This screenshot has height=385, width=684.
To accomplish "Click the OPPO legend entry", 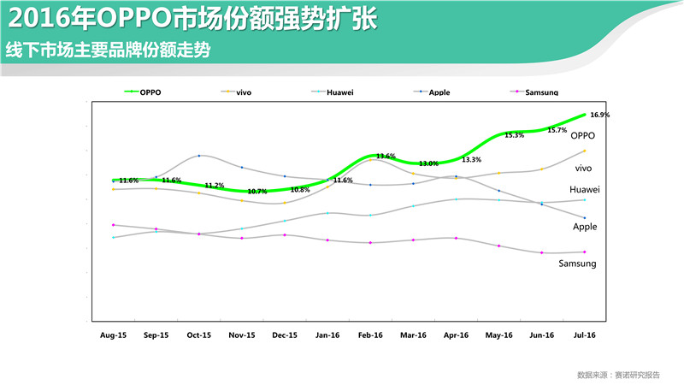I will pos(150,92).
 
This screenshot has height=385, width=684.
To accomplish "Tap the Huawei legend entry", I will pos(341,92).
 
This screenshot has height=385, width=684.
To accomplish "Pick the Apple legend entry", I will pos(439,92).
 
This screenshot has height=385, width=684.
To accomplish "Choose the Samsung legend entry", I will pos(542,92).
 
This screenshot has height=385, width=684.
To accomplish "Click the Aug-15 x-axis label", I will pos(113,335).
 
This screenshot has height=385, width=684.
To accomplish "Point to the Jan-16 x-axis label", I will pos(328,335).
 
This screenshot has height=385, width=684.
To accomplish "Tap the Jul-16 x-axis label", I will pos(585,335).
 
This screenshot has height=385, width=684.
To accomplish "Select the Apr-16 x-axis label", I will pos(457,335).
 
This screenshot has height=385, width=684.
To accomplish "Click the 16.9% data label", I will pos(600,115).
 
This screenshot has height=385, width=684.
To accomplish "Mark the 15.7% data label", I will pos(557,130).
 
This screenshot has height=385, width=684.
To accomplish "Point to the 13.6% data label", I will pos(386,157).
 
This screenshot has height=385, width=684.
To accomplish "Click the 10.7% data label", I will pos(257,192).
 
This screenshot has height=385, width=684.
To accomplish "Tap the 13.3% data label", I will pos(471,160).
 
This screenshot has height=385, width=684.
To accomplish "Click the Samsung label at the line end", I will pos(577,264).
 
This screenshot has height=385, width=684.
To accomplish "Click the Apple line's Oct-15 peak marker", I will pos(199,156).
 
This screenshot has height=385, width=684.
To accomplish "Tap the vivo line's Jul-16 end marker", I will pos(585,151).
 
